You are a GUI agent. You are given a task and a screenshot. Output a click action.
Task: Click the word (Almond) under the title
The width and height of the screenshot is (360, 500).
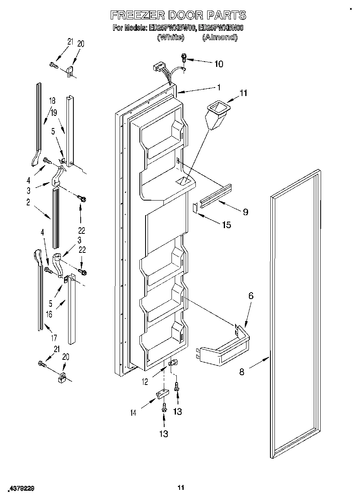tap(219, 37)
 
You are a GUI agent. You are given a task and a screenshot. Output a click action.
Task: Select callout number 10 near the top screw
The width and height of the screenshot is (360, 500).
tap(218, 64)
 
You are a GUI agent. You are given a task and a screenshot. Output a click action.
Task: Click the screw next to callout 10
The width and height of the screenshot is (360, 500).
tap(184, 58)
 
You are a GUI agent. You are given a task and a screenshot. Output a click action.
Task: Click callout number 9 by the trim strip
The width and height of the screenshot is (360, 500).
tap(245, 212)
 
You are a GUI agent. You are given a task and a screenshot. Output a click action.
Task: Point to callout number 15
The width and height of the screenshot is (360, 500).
tap(226, 225)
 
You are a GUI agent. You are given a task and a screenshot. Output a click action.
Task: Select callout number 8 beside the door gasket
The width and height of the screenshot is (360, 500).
tap(242, 372)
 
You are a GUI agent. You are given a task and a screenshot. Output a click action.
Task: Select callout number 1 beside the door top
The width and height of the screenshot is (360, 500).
tap(219, 87)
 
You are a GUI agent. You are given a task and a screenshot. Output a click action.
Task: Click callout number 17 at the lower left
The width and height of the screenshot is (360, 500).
tap(54, 337)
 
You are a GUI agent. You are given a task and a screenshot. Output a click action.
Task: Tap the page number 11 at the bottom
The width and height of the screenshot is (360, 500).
tap(181, 487)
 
